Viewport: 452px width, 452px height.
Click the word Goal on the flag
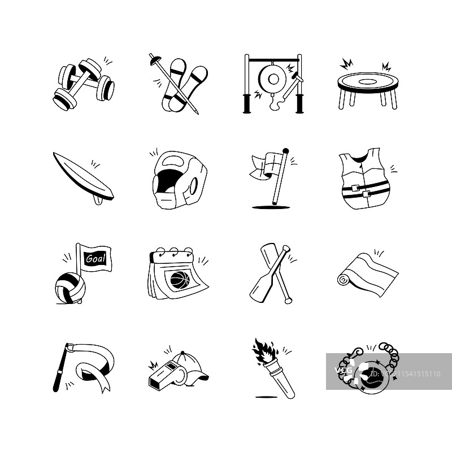tap(95, 258)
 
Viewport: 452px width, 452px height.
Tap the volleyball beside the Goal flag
tap(70, 289)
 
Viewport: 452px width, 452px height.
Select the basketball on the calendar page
tap(180, 279)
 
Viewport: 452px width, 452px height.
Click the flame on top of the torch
tap(262, 351)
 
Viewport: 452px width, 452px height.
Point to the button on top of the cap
tap(182, 353)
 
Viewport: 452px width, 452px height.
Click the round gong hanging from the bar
tap(272, 79)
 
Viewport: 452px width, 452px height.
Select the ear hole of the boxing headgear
tap(193, 185)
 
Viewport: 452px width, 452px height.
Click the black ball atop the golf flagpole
tap(286, 151)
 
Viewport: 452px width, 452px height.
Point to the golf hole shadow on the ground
tap(271, 207)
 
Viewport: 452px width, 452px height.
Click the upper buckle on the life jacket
tap(356, 188)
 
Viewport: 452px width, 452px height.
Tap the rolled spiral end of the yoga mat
tap(343, 279)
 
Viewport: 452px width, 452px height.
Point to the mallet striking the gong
tap(292, 86)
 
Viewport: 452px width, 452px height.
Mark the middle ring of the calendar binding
tap(173, 251)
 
